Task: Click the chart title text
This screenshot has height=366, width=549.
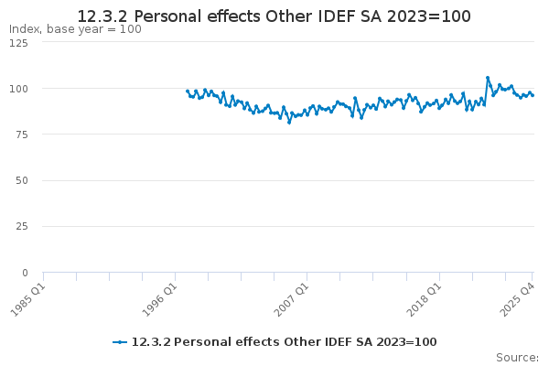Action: [274, 16]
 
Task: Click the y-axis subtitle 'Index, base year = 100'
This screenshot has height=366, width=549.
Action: [75, 29]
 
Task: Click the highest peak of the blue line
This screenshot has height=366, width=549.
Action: [488, 78]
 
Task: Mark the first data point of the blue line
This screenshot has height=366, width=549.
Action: [187, 91]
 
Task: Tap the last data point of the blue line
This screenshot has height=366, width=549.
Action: [533, 95]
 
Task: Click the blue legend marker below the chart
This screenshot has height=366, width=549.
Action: [119, 342]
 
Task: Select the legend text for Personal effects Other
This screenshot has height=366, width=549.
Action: [284, 342]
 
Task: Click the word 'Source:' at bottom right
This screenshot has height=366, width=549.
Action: [517, 357]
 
